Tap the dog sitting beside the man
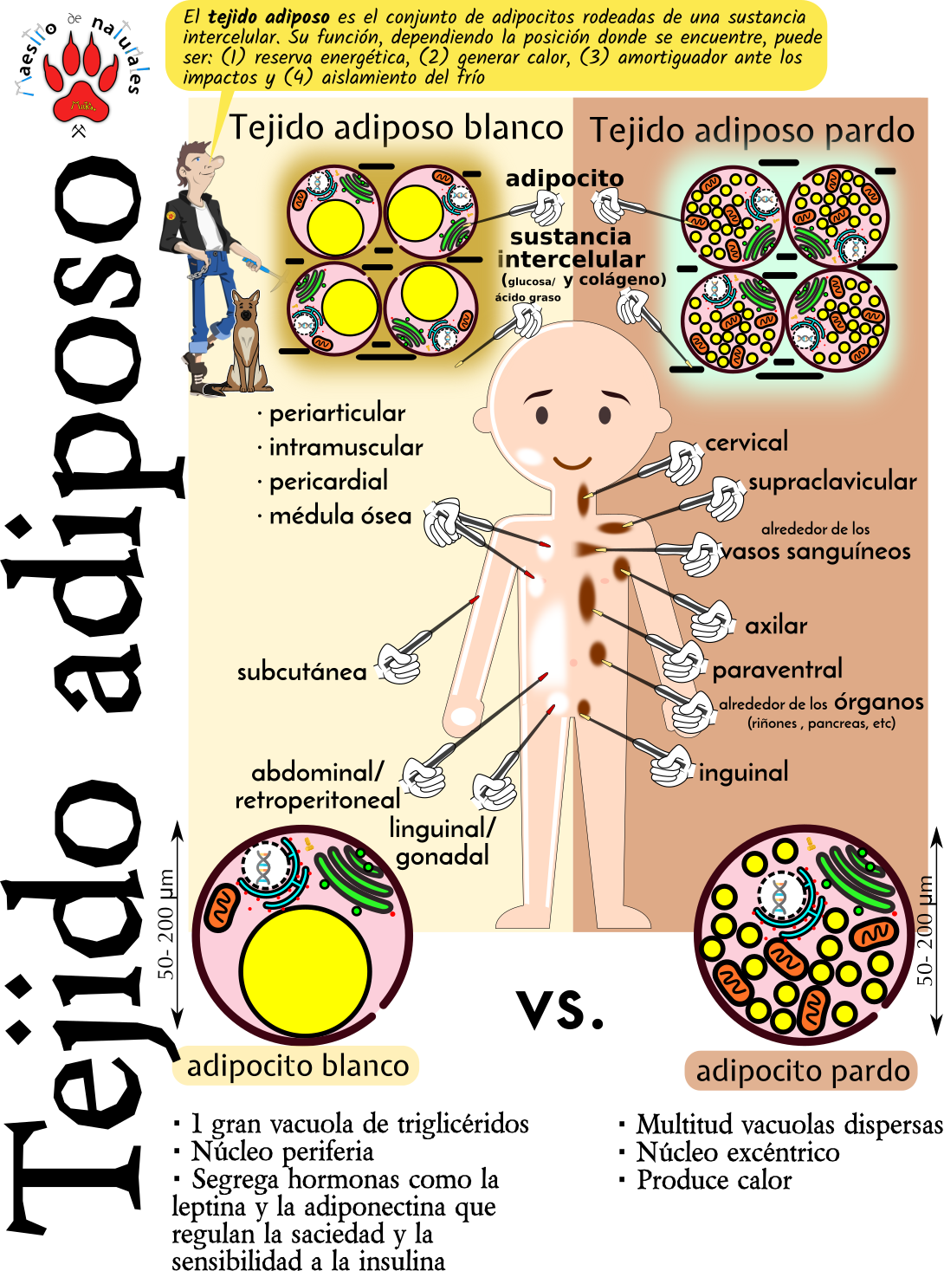coord(247,341)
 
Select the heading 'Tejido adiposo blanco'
coord(396,127)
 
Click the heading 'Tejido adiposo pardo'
coord(752,131)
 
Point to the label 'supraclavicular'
coord(832,482)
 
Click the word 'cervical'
coord(747,443)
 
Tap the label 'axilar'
coord(776,626)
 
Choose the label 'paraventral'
coord(777,670)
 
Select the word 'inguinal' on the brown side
coord(743,773)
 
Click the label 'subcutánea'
coord(301,672)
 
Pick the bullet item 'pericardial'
coord(328,482)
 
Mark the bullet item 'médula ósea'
coord(339,516)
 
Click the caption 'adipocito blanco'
coord(297,1066)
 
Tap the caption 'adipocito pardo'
coord(802,1071)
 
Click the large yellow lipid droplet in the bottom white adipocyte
coord(305,970)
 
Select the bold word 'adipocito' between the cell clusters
coord(564,178)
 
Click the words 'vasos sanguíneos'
coord(816,552)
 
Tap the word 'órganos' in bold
coord(878,702)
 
